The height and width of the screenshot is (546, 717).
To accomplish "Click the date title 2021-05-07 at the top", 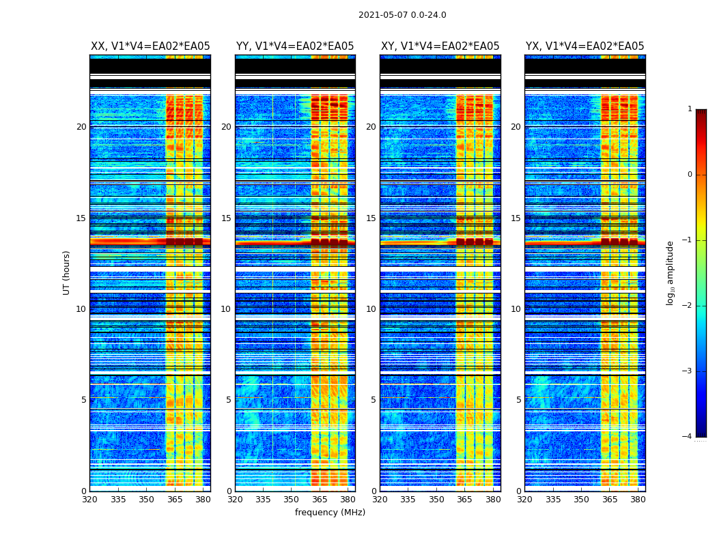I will click(x=402, y=15).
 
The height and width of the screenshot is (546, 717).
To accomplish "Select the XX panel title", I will click(x=150, y=46).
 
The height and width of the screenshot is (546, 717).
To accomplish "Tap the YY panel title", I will click(x=295, y=46).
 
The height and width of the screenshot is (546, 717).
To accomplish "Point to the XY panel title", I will click(x=440, y=46).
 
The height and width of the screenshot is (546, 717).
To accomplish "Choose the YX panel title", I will click(x=585, y=46).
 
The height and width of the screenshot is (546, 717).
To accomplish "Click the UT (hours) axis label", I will click(x=67, y=272).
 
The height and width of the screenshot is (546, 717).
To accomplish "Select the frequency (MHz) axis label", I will click(x=330, y=513).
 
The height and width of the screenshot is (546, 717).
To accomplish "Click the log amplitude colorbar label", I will click(x=671, y=272).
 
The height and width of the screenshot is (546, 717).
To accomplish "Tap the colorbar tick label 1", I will click(x=690, y=109).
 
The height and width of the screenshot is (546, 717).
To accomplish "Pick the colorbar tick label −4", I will click(x=688, y=437).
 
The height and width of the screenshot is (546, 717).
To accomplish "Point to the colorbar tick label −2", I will click(x=688, y=306).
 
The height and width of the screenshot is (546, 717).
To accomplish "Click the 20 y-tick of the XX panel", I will click(x=81, y=127).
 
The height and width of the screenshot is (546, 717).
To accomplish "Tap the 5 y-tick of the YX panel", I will click(x=519, y=400).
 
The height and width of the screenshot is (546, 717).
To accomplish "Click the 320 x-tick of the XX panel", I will click(x=89, y=500).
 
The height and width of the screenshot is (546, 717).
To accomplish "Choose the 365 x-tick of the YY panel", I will click(x=320, y=500).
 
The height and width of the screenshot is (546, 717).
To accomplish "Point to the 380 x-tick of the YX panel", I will click(x=638, y=500).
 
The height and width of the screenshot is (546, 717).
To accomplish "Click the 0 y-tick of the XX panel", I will click(x=84, y=491).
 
